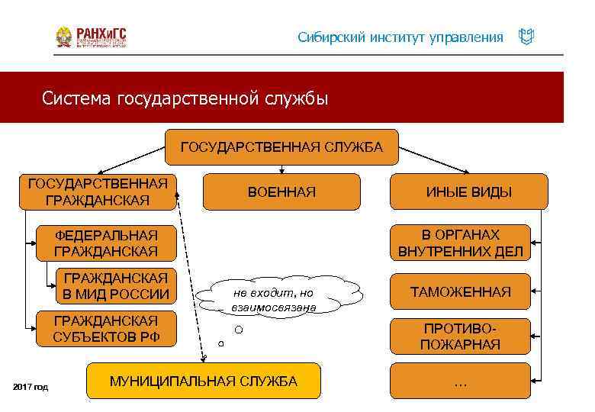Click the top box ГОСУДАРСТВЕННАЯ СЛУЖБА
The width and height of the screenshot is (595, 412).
pyautogui.click(x=281, y=147)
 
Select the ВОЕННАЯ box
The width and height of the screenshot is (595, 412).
pyautogui.click(x=281, y=192)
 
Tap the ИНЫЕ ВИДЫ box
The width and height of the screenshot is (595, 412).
pyautogui.click(x=468, y=192)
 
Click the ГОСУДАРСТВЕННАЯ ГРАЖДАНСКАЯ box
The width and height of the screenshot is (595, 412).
pyautogui.click(x=97, y=192)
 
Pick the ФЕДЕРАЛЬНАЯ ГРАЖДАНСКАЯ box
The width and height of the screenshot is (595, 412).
pyautogui.click(x=106, y=243)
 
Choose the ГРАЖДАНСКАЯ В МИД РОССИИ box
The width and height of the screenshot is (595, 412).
pyautogui.click(x=117, y=285)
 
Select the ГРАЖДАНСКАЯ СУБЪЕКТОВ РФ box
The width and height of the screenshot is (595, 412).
pyautogui.click(x=106, y=329)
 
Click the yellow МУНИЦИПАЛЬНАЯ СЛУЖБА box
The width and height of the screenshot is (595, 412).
pyautogui.click(x=204, y=381)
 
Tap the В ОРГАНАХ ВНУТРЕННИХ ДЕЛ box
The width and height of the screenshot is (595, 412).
pyautogui.click(x=460, y=243)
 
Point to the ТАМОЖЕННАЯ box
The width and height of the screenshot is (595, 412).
pyautogui.click(x=460, y=291)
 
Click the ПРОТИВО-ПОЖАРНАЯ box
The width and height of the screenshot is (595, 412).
pyautogui.click(x=460, y=336)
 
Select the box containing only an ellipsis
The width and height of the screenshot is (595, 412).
pyautogui.click(x=460, y=381)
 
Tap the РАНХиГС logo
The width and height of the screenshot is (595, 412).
pyautogui.click(x=91, y=37)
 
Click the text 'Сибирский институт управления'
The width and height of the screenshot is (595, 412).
pyautogui.click(x=400, y=37)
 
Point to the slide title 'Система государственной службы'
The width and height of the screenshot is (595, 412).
pyautogui.click(x=185, y=98)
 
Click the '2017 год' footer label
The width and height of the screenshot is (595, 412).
pyautogui.click(x=31, y=388)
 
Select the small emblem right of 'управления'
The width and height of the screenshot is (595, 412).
pyautogui.click(x=526, y=37)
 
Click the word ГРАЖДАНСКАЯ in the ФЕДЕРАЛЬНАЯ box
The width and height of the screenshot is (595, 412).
pyautogui.click(x=106, y=250)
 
